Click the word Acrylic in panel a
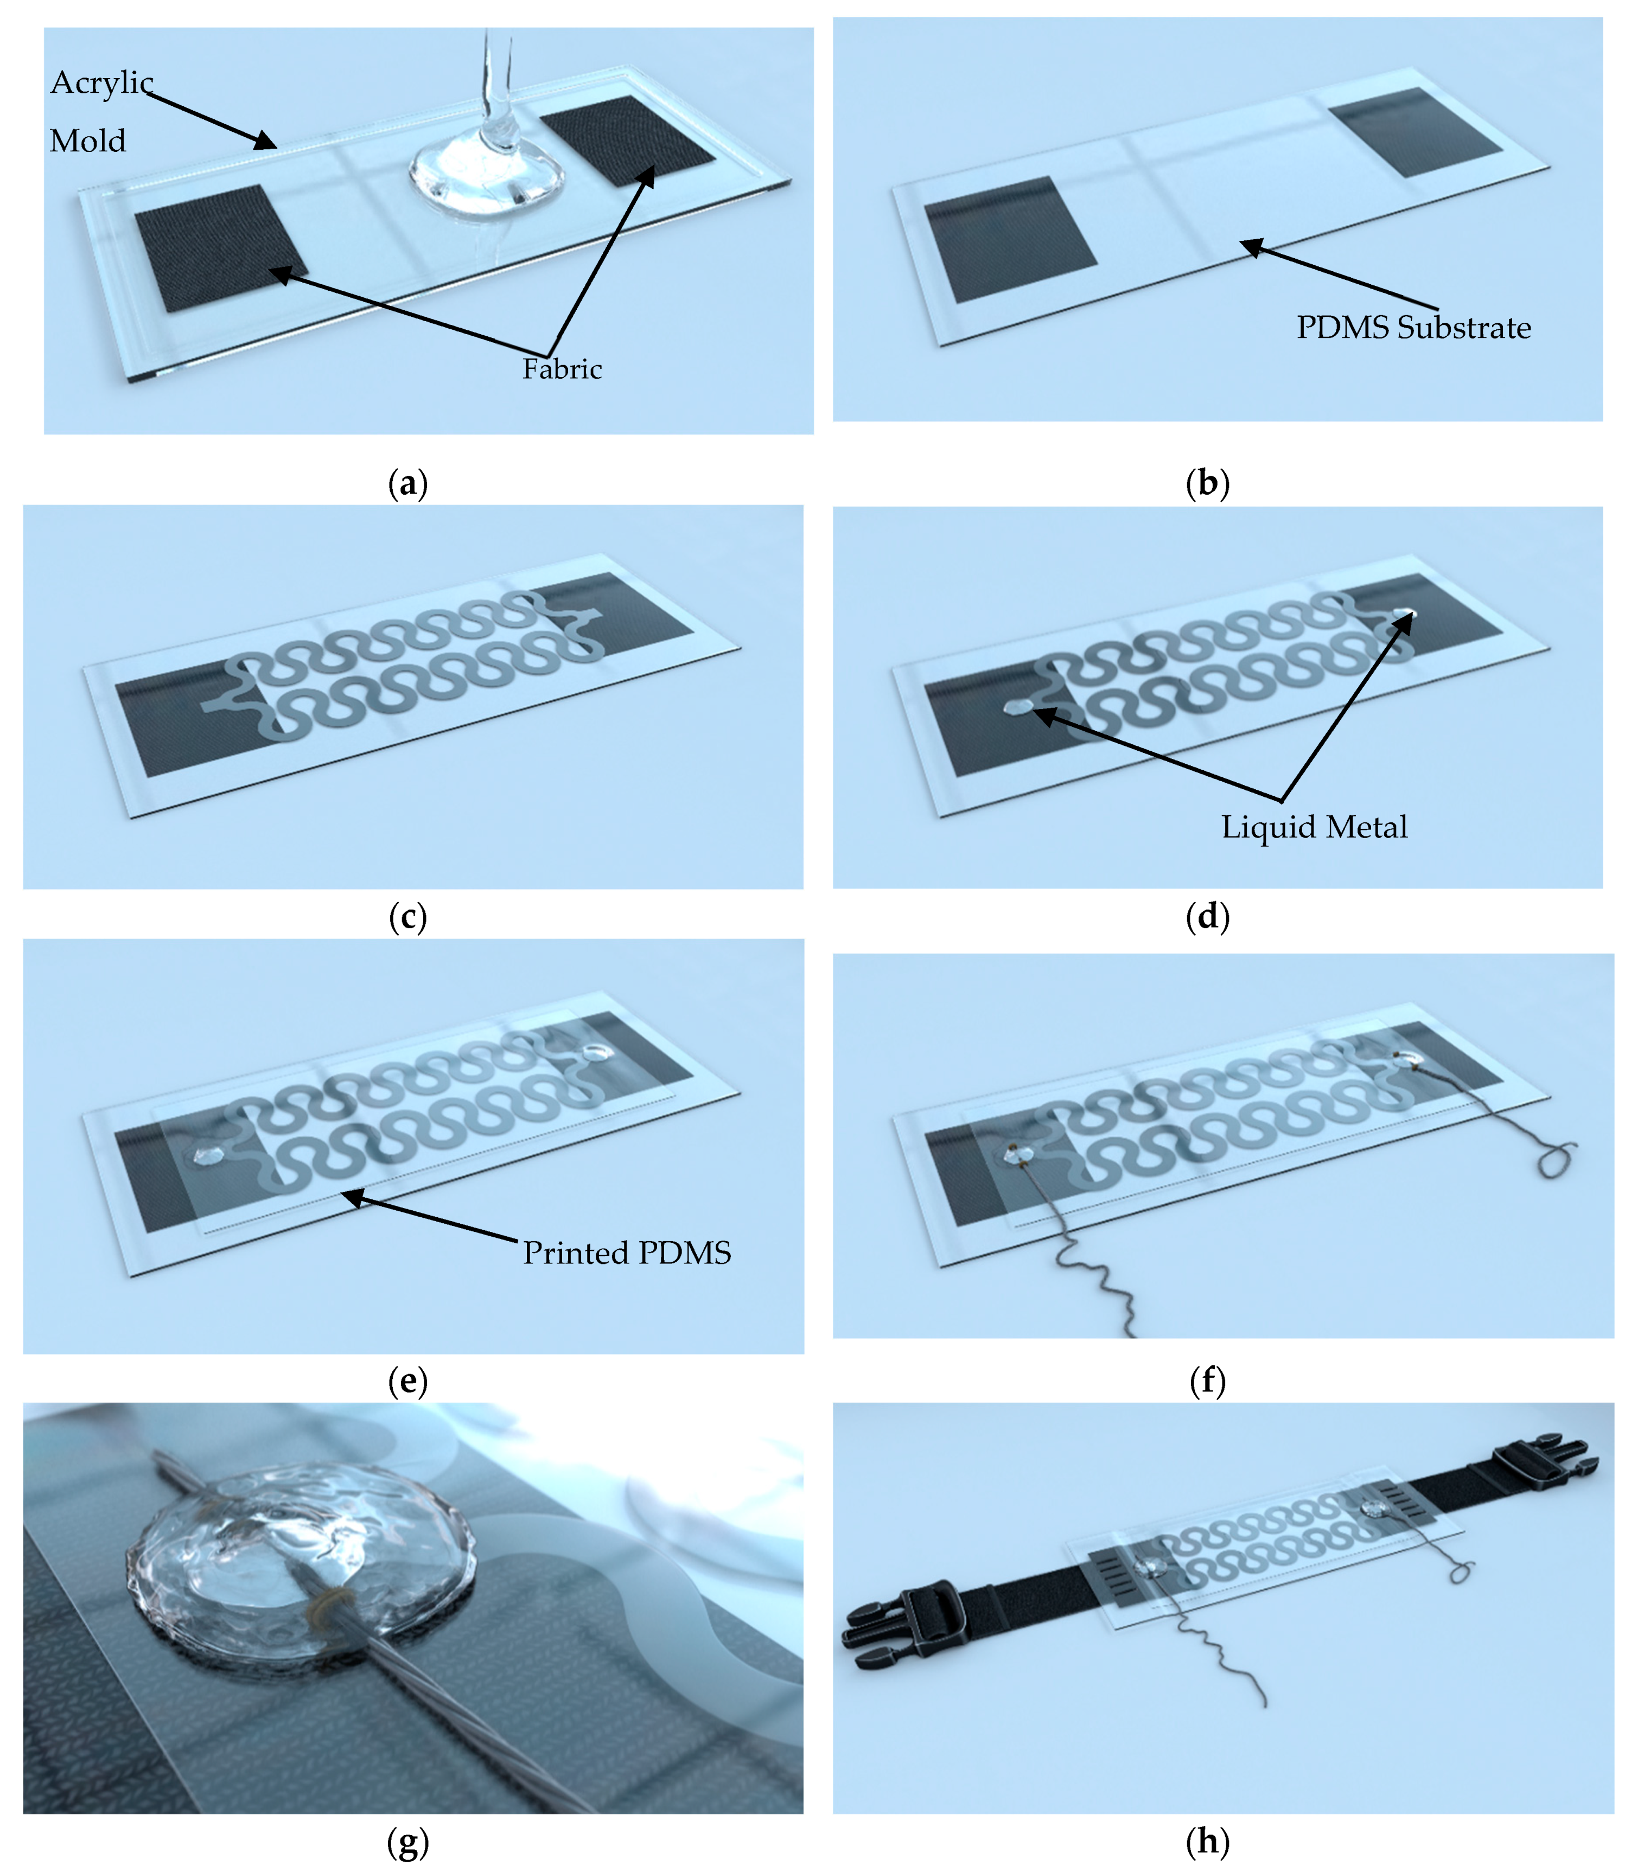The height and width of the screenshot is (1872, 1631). (x=102, y=84)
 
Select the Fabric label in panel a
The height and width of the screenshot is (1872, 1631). (x=562, y=368)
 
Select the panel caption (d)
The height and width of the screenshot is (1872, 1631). (x=1208, y=916)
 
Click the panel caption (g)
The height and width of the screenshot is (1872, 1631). (x=408, y=1842)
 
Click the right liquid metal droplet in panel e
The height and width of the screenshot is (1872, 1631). (x=596, y=1054)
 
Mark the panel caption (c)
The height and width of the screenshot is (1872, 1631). (x=408, y=916)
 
